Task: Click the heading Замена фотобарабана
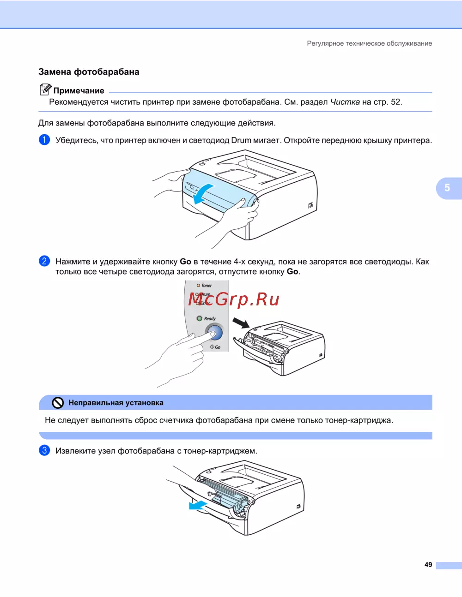tap(89, 72)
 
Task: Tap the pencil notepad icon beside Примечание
tap(45, 90)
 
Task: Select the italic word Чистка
tap(345, 102)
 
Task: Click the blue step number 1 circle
tap(44, 140)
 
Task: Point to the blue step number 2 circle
tap(44, 261)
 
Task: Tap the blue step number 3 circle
tap(44, 450)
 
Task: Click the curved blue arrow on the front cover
tap(202, 194)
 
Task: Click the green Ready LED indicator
tap(200, 318)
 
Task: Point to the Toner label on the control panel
tap(206, 286)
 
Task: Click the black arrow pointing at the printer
tap(241, 323)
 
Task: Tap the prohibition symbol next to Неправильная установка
tap(58, 403)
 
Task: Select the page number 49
tap(428, 565)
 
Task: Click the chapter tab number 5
tap(447, 188)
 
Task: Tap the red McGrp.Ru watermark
tap(234, 299)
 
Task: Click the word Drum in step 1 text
tap(241, 140)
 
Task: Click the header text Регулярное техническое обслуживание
tap(369, 43)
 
